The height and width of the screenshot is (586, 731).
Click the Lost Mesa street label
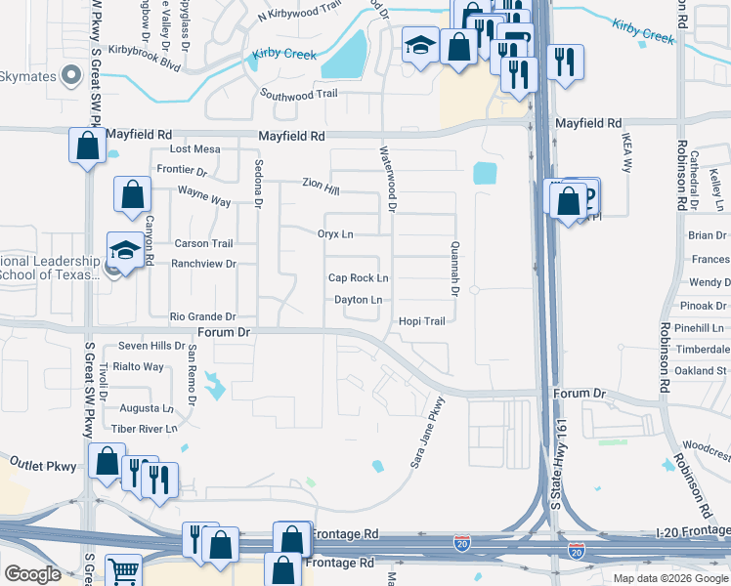pos(195,149)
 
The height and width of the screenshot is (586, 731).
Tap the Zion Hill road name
pos(321,183)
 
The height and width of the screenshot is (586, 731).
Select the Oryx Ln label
pos(335,234)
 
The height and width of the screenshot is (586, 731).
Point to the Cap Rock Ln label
pos(358,278)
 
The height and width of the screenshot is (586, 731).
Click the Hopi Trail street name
pos(421,321)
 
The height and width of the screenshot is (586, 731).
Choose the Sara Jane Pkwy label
pos(427,432)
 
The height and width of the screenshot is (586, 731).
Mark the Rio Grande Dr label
pos(202,316)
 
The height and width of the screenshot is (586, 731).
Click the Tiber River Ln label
pos(144,428)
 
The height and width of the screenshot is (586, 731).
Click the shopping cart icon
pos(123,571)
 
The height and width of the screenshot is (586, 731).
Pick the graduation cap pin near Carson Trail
pos(124,252)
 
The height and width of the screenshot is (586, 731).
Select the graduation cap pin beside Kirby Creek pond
pos(420,45)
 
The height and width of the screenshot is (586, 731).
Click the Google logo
pos(32,574)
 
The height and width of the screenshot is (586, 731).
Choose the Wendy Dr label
pos(709,282)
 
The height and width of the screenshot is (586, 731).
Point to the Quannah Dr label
pos(455,269)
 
